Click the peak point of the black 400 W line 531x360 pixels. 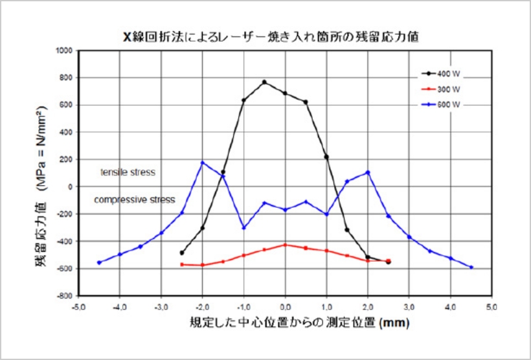point(264,82)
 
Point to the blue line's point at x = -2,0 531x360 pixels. point(203,163)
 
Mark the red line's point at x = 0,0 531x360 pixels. point(285,245)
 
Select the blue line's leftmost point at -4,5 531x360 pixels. point(99,262)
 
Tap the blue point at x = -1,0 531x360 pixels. point(243,227)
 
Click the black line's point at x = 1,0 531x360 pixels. point(326,157)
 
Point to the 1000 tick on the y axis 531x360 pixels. point(65,51)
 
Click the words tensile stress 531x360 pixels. point(128,173)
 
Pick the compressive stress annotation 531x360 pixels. point(134,200)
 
